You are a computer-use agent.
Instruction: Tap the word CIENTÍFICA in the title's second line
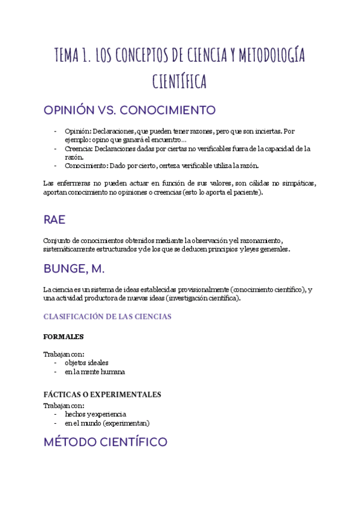point(179,81)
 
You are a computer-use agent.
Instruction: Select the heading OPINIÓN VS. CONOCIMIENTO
point(129,111)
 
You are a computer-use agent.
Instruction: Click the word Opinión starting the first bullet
point(77,131)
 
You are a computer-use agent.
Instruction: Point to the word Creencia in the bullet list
point(78,148)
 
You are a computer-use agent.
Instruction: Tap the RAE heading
point(55,220)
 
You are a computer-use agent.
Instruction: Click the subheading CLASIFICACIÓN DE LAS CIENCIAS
point(107,316)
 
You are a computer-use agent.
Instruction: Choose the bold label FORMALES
point(63,337)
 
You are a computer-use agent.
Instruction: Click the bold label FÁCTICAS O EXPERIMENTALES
point(102,394)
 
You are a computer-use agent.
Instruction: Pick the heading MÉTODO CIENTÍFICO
point(105,443)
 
